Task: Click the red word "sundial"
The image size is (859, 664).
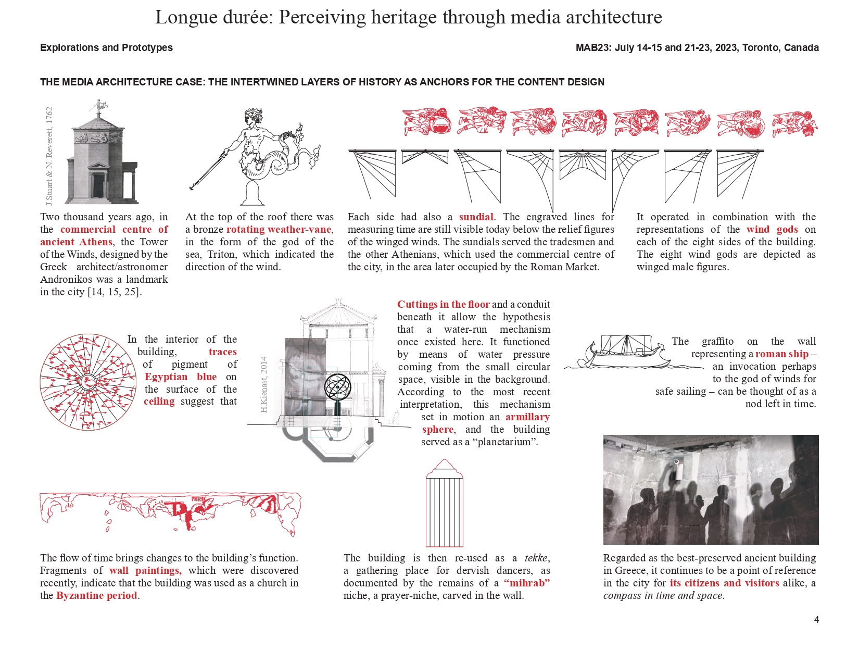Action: point(476,217)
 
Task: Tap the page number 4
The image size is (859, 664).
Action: point(816,620)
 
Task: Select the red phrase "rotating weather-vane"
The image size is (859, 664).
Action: point(279,230)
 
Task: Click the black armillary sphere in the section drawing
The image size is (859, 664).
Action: point(337,387)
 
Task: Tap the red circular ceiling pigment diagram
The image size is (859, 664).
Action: point(88,382)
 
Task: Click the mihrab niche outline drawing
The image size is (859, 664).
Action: point(444,503)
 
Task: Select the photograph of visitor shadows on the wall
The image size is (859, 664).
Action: point(711,490)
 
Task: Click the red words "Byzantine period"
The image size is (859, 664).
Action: point(97,596)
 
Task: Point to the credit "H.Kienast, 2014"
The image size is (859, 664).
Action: point(264,384)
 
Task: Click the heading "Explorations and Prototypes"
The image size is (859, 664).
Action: point(106,47)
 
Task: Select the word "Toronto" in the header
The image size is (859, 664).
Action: point(760,47)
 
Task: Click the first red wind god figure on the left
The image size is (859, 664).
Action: point(427,122)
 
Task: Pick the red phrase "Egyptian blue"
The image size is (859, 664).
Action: point(180,377)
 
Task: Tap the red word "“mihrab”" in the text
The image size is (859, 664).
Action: point(526,583)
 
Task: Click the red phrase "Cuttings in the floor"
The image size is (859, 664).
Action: point(443,305)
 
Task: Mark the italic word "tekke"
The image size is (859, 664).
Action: point(536,558)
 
